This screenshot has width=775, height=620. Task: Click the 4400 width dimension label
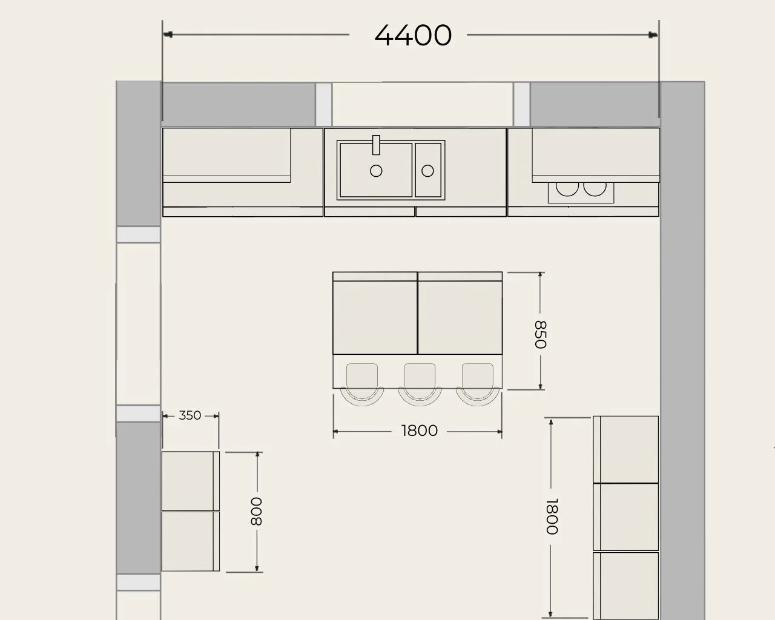click(413, 35)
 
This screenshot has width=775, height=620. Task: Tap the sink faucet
click(376, 145)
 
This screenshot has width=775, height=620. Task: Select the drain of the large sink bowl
click(376, 171)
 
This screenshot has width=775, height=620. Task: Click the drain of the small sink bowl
click(427, 171)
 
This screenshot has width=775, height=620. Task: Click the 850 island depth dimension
click(540, 334)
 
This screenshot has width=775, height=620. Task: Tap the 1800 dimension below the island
click(419, 430)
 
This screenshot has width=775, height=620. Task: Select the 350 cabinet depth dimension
click(190, 415)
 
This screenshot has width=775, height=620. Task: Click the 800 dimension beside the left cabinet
click(256, 512)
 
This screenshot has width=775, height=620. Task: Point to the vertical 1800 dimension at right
click(552, 516)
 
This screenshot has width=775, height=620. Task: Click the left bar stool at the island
click(362, 384)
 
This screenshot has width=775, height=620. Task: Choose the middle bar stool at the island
click(420, 384)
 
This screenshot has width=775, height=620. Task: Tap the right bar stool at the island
click(478, 384)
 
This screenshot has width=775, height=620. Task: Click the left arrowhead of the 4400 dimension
click(168, 35)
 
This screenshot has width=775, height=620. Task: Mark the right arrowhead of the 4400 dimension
click(653, 35)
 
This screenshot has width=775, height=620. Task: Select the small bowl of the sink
click(428, 170)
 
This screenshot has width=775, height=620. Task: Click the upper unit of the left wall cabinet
click(191, 481)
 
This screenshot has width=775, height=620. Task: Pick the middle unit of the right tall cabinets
click(626, 517)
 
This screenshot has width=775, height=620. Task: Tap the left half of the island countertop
click(375, 313)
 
